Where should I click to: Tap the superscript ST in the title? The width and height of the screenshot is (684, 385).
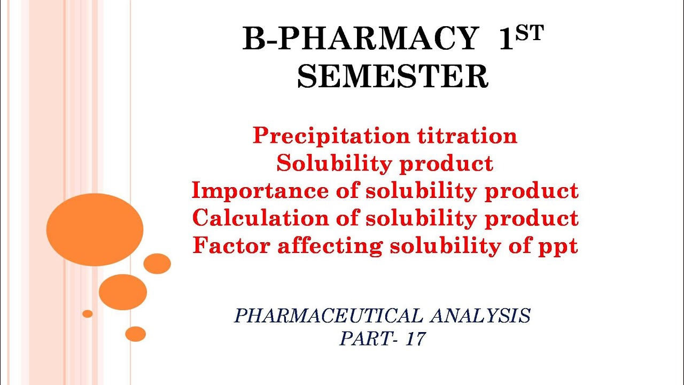click(x=529, y=33)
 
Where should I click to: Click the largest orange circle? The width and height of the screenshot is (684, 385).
click(x=95, y=229)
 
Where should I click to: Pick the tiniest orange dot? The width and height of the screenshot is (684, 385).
click(x=87, y=313)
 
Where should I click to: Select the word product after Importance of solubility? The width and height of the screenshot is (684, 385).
click(x=531, y=191)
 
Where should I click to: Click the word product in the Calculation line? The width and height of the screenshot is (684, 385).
click(x=531, y=218)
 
